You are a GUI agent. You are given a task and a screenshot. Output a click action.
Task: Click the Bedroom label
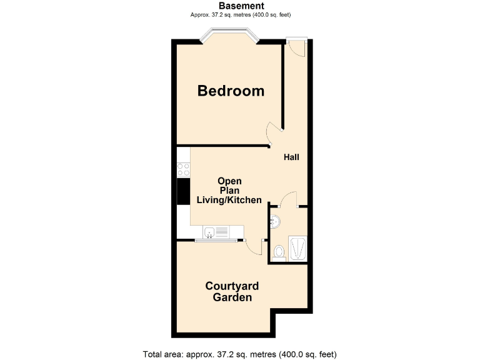point(231,91)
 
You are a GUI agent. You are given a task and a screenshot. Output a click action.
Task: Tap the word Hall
point(291,157)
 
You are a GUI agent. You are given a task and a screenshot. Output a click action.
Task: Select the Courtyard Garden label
point(232,292)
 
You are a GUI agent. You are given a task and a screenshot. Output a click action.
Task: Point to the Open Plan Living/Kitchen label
point(229,191)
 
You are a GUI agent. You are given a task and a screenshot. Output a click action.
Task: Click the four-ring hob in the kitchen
point(183,169)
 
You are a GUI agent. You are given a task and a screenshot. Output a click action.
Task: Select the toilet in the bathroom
point(279,252)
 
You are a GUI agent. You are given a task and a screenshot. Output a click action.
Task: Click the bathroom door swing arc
point(288,200)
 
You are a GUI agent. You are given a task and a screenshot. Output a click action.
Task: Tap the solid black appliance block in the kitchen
point(183,191)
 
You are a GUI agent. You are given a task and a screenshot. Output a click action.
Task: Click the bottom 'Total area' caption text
point(244,354)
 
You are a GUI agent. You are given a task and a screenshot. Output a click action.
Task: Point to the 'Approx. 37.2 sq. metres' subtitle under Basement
point(241,14)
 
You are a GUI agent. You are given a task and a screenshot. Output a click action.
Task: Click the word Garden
point(232,298)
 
